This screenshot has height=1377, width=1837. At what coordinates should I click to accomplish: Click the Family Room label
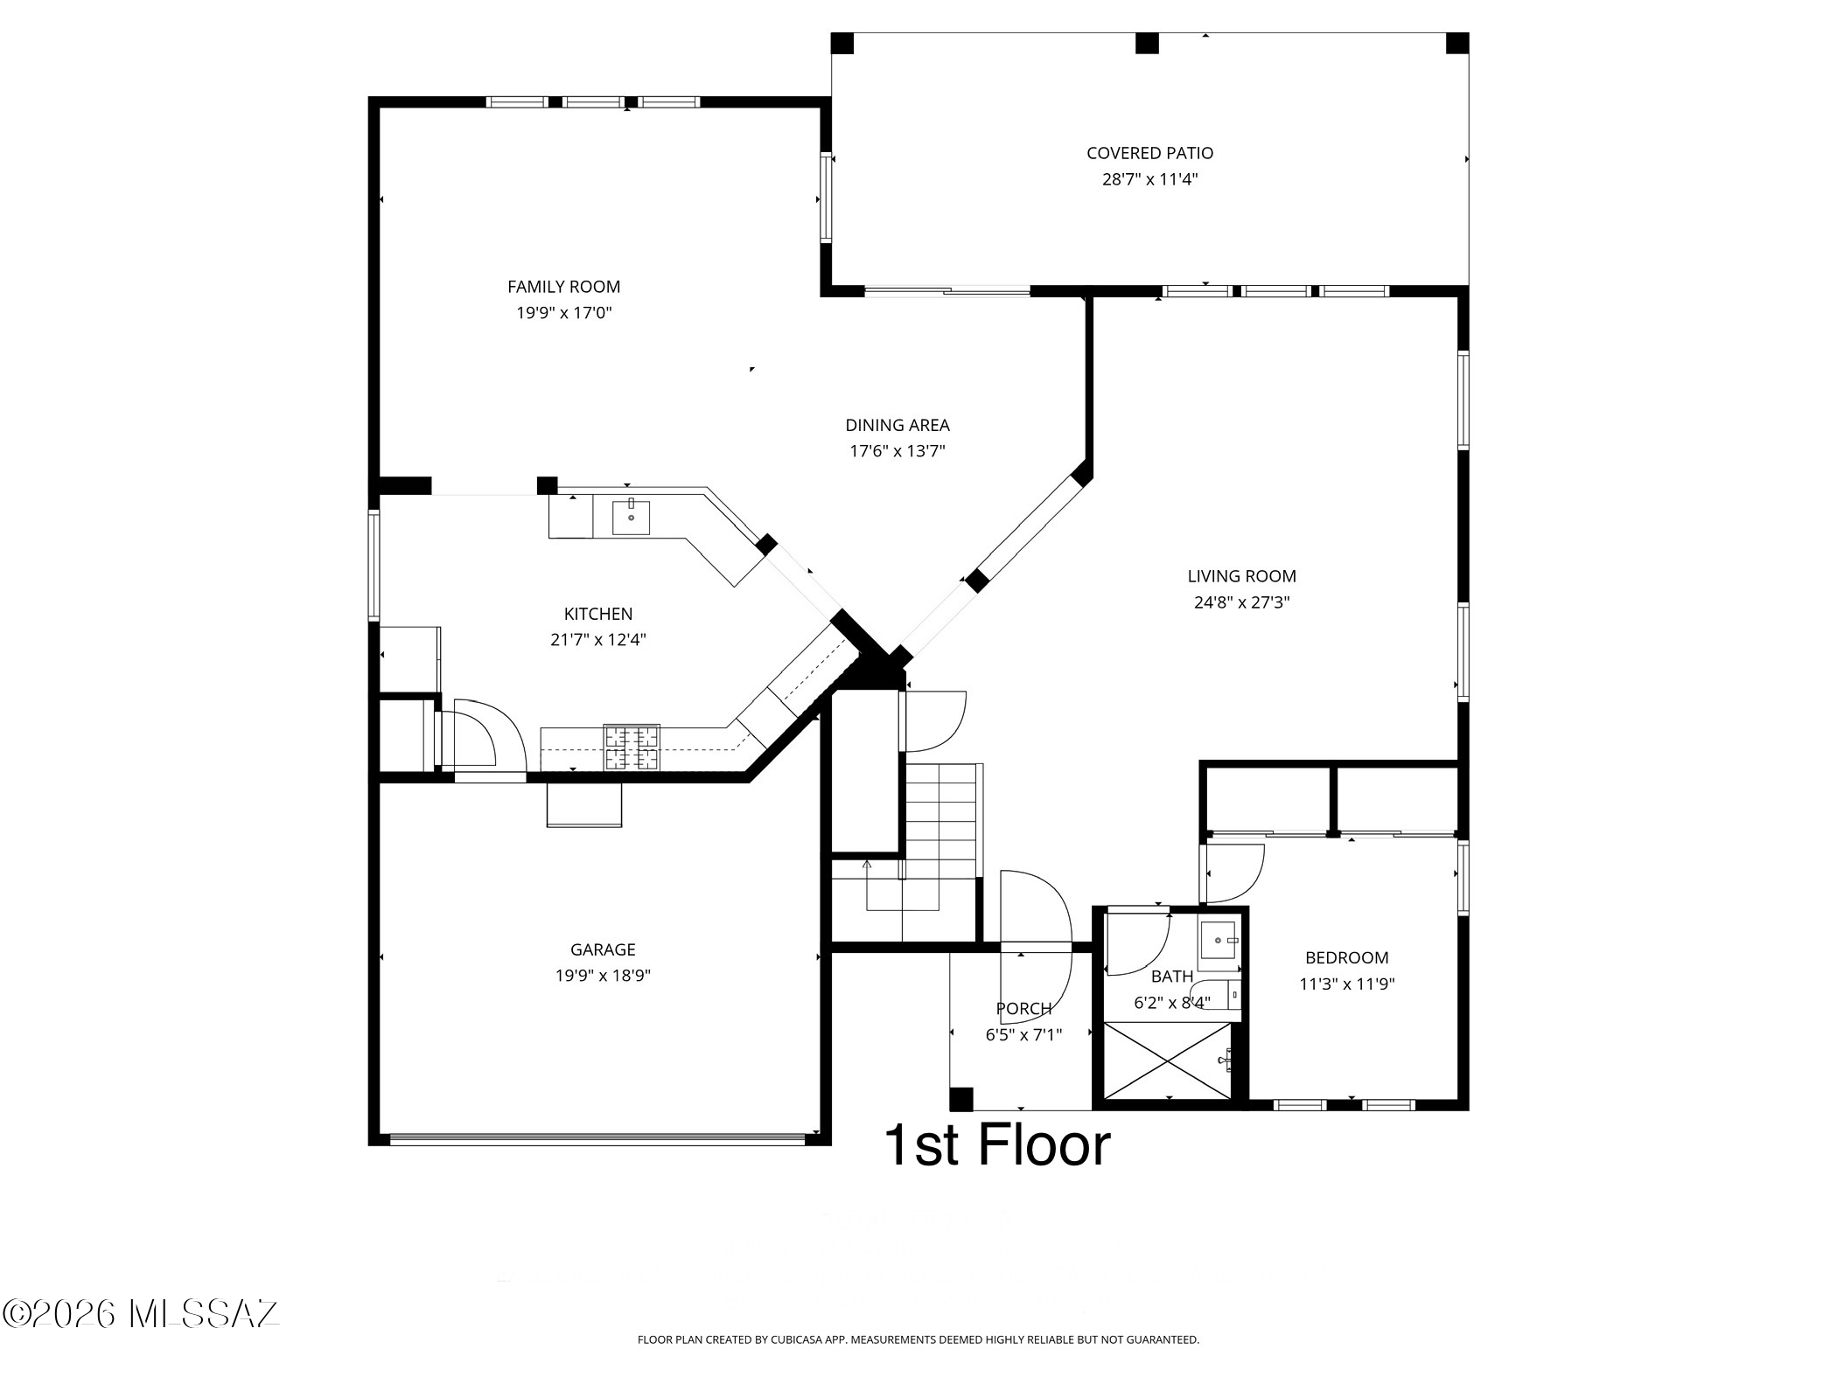click(x=563, y=287)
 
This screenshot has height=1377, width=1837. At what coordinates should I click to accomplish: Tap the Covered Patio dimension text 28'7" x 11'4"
click(x=1149, y=180)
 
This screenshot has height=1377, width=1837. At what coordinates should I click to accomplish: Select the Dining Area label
click(x=898, y=426)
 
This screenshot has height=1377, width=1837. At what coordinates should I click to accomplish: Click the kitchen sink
click(x=631, y=517)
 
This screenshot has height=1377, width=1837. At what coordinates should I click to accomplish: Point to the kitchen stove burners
click(x=632, y=748)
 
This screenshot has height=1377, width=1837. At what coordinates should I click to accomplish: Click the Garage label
click(x=603, y=949)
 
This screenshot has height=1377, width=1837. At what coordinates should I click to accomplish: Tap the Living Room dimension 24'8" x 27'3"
click(x=1241, y=602)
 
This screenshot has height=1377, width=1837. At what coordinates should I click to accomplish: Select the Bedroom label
click(x=1346, y=958)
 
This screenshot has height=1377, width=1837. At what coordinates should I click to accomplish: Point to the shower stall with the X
click(x=1169, y=1061)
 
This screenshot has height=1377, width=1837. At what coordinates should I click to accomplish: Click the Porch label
click(x=1023, y=1009)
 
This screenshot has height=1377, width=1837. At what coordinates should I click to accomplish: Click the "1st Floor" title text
click(x=998, y=1145)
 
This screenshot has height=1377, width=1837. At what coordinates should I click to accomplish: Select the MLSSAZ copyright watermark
click(x=140, y=1313)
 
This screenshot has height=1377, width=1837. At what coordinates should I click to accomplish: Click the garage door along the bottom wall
click(x=597, y=1139)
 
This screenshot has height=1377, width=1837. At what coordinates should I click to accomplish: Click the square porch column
click(x=961, y=1098)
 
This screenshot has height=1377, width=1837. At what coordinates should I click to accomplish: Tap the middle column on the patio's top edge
click(x=1147, y=43)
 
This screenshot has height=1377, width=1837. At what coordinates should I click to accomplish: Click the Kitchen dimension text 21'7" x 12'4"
click(x=598, y=640)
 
